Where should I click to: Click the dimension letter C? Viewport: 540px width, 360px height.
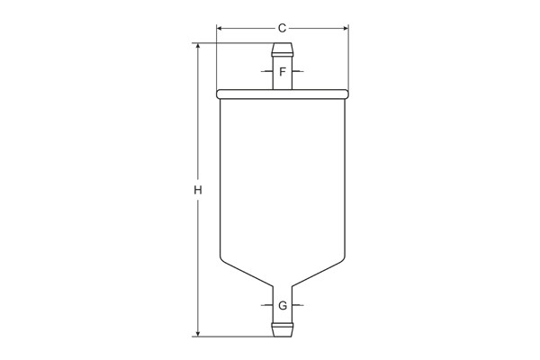282,28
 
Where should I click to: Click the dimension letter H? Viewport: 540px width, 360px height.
198,190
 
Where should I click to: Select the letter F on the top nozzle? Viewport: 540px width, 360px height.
283,72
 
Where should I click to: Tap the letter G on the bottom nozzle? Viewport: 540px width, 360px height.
283,306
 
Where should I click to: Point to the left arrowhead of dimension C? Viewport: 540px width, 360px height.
220,28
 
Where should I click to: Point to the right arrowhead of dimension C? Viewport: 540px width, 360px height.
346,28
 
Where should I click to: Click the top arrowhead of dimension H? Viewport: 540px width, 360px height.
198,46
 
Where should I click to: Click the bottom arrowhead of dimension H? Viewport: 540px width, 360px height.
198,333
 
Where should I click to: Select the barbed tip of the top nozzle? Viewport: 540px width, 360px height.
283,49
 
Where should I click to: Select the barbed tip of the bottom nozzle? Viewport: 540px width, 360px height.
283,329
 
